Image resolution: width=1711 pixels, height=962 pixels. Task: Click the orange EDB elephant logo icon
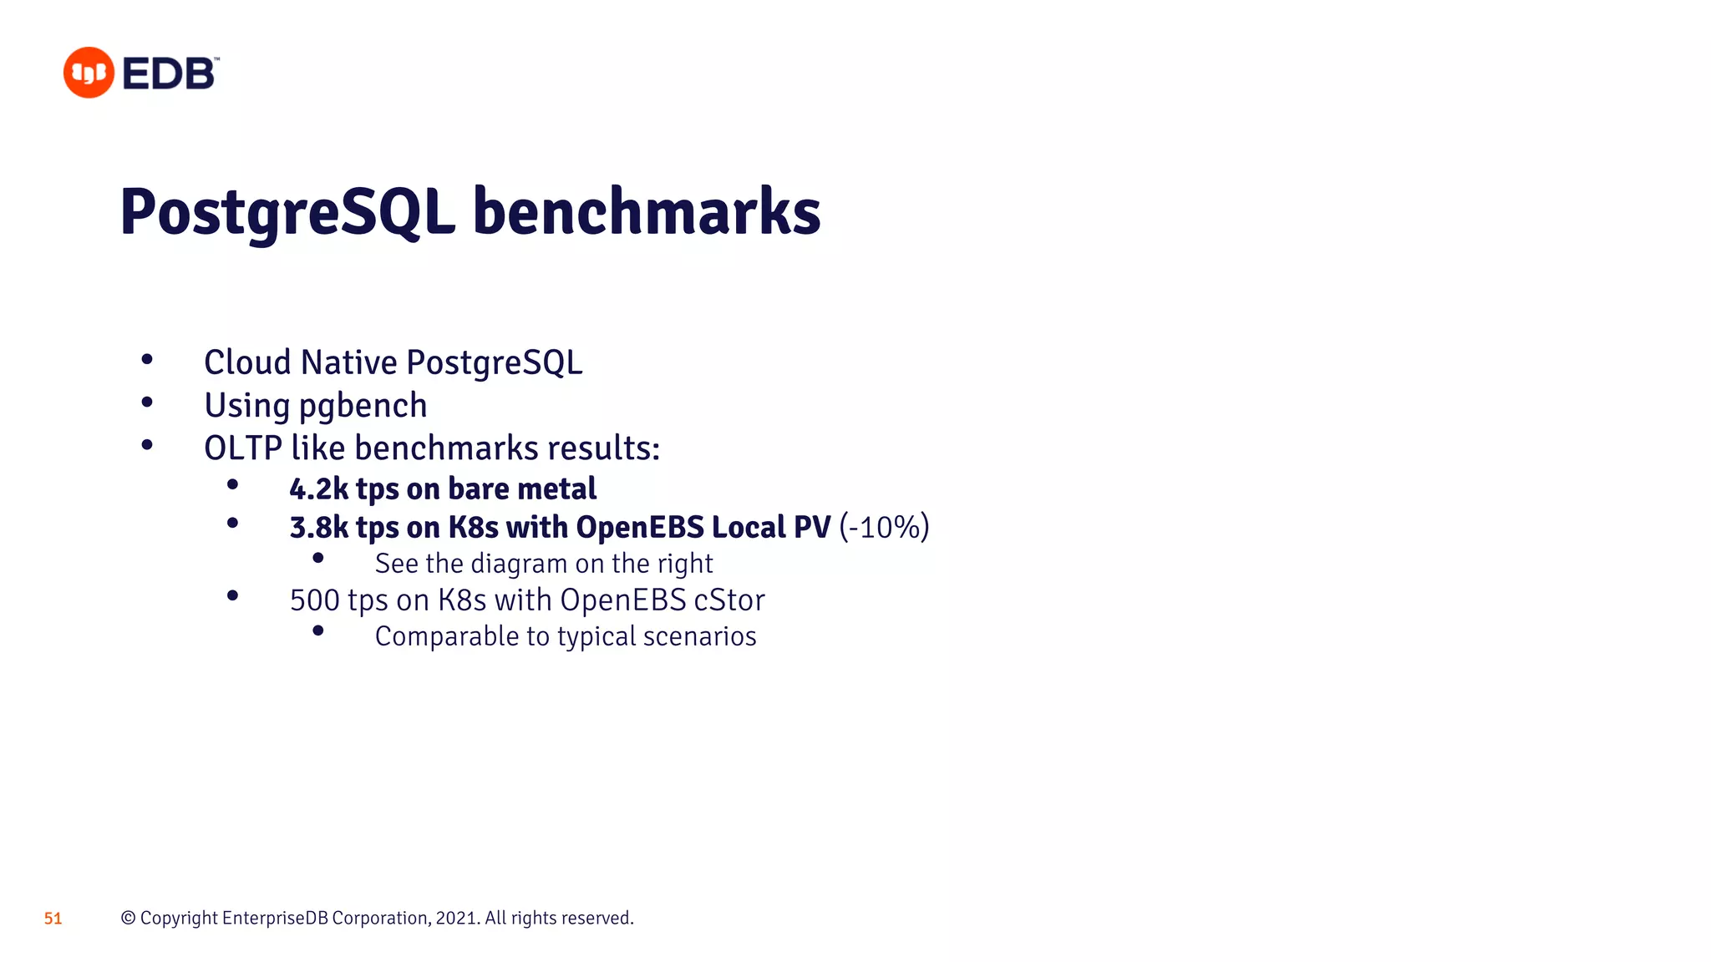89,73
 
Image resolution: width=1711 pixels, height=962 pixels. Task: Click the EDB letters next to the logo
170,73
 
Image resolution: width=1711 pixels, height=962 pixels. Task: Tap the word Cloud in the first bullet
247,362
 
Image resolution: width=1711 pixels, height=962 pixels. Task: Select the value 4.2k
318,489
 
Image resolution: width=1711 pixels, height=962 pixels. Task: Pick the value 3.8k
318,528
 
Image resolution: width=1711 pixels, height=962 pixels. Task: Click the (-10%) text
884,528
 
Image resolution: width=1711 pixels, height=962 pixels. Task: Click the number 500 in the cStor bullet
314,600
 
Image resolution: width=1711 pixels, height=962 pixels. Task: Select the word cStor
729,600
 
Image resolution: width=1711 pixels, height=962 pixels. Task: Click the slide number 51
53,919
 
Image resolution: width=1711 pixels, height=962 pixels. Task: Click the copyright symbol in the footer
128,919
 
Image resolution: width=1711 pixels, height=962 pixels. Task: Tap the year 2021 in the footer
456,919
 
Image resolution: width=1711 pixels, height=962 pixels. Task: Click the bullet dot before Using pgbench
147,403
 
